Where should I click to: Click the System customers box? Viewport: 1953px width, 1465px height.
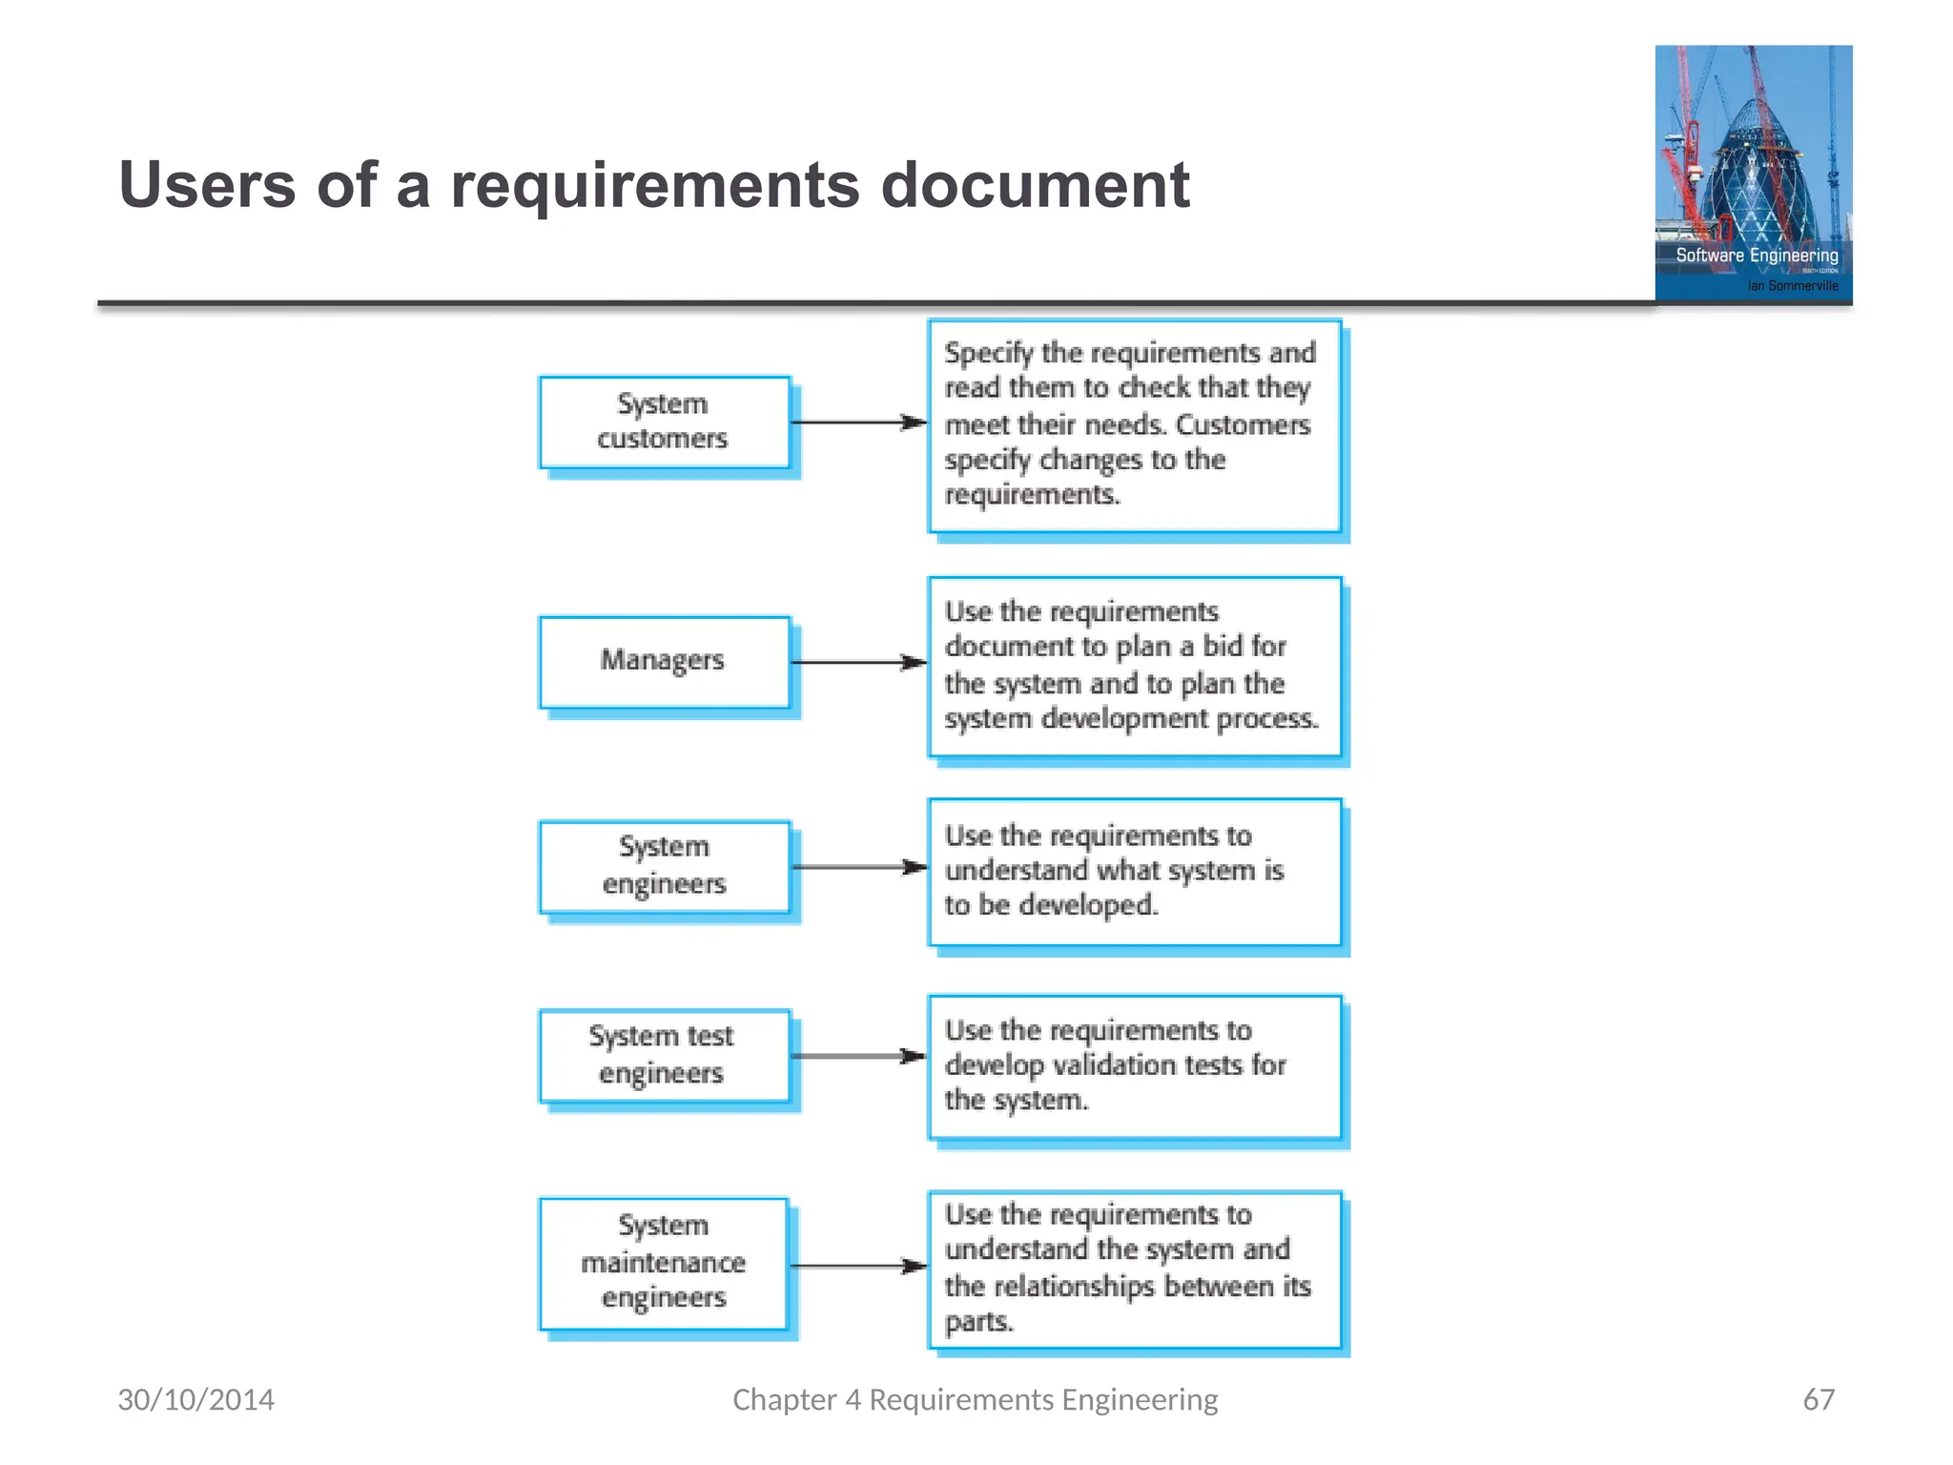(664, 422)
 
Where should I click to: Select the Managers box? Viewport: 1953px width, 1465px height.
(664, 661)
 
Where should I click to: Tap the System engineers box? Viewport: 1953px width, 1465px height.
(664, 866)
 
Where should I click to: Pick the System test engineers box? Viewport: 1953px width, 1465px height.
(664, 1055)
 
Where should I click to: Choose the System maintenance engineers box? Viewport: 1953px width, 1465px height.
(664, 1263)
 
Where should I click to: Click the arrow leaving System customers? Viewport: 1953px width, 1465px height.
(858, 423)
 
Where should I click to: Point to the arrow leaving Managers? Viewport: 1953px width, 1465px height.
(858, 662)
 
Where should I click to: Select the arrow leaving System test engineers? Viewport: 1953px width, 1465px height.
(858, 1056)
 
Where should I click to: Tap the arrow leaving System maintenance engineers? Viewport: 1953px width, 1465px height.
(858, 1267)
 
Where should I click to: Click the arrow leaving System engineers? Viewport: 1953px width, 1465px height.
(858, 867)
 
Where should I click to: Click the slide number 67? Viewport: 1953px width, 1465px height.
(1818, 1399)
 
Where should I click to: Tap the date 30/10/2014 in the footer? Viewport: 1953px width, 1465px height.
(195, 1399)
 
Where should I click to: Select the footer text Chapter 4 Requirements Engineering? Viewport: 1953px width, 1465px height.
(975, 1399)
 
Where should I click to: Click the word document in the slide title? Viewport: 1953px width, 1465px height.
(1035, 185)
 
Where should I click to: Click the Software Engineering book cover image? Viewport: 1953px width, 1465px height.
(1753, 174)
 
